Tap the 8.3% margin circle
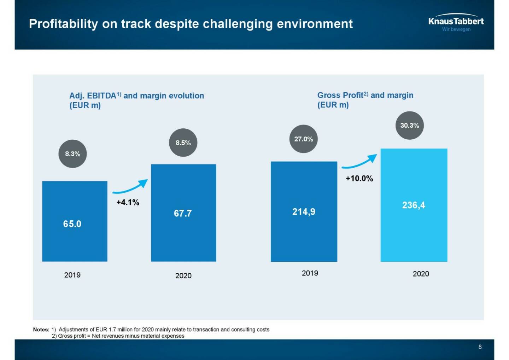72,154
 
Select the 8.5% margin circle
183,143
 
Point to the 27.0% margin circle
304,139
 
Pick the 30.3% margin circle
409,126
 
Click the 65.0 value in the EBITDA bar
72,224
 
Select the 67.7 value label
183,213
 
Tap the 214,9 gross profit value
304,212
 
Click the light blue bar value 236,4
414,205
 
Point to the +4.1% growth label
128,202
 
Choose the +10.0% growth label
359,178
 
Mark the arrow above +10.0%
359,162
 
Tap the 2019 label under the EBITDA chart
72,275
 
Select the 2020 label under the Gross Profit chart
421,274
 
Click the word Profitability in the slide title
63,24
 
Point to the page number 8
480,347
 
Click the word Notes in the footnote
41,330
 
